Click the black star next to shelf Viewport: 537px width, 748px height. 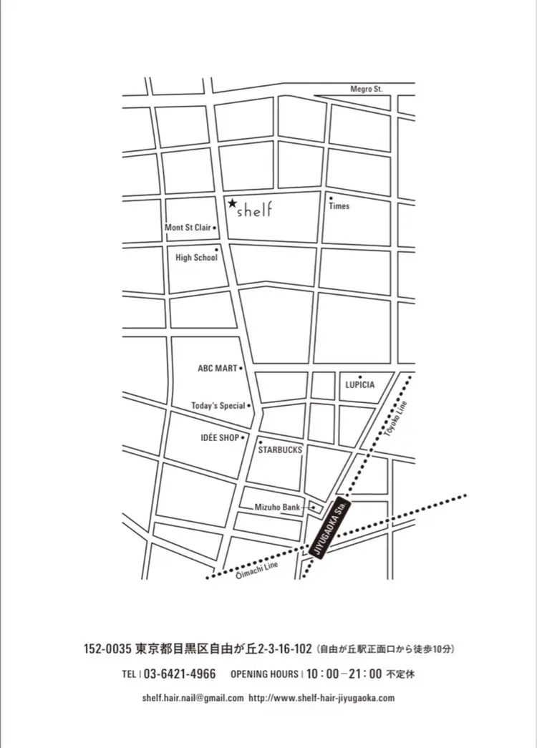[232, 204]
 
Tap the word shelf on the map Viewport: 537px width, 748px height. [256, 210]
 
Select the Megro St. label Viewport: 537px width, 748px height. [367, 89]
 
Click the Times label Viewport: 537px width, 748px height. [339, 206]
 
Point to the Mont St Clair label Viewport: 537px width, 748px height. [188, 228]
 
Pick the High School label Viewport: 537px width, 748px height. [196, 258]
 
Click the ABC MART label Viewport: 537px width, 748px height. [217, 369]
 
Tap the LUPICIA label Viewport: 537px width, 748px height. [360, 385]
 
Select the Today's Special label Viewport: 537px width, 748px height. [218, 406]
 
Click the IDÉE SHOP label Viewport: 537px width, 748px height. [220, 437]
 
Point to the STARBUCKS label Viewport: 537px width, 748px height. [280, 450]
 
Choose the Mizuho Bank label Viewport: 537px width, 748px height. [278, 507]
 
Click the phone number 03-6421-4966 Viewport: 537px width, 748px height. [180, 674]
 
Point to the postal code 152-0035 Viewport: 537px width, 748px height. [107, 650]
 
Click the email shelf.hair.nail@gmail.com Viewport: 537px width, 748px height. [193, 698]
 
